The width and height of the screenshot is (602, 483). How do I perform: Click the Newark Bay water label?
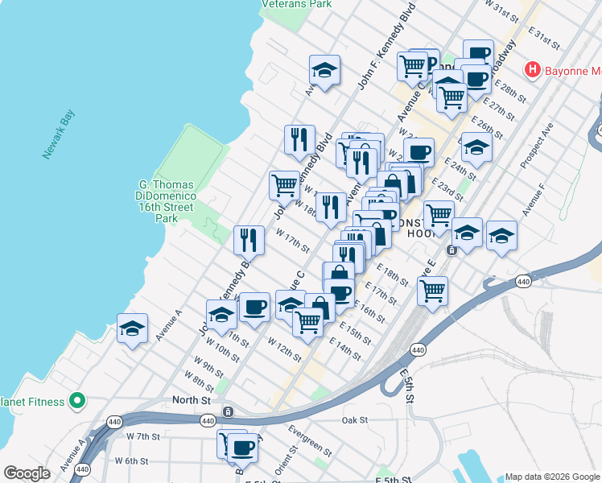[59, 134]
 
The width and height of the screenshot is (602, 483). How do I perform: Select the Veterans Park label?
[296, 4]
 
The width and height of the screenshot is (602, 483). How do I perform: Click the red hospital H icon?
[531, 70]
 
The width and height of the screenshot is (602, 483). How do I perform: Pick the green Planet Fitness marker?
[77, 399]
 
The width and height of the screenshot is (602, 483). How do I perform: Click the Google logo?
[27, 473]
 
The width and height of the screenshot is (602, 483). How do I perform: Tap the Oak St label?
[354, 420]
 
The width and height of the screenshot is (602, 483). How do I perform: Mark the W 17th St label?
[293, 238]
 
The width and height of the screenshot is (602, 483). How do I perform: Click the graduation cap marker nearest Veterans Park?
[324, 71]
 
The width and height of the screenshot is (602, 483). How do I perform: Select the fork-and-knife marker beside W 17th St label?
[249, 239]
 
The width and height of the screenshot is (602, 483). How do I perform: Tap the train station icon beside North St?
[229, 412]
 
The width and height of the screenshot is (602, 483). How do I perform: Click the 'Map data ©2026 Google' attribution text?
[551, 476]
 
